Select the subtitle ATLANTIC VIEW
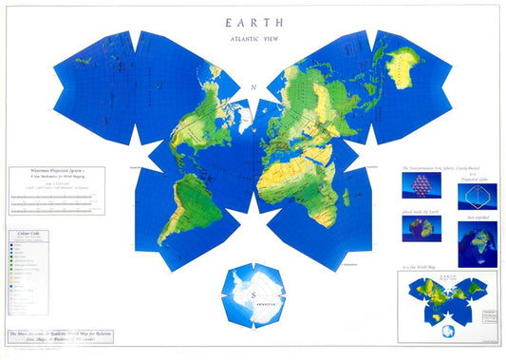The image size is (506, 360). coord(253,38)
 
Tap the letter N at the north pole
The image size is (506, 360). coord(253,88)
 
